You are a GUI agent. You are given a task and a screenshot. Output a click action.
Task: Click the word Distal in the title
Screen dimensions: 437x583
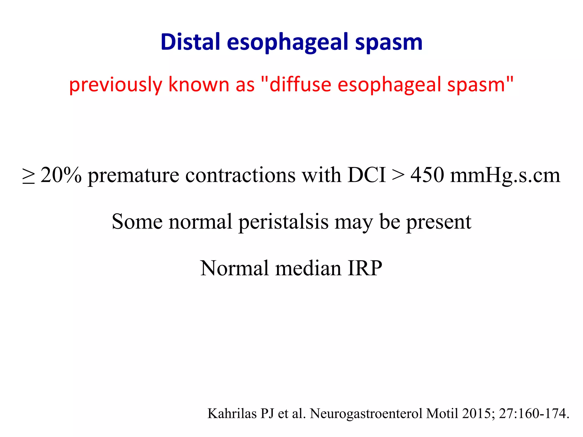[x=190, y=42]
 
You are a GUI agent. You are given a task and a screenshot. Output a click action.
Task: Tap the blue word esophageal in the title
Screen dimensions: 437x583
[x=288, y=43]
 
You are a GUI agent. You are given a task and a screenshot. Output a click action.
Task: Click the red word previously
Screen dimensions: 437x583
[x=116, y=85]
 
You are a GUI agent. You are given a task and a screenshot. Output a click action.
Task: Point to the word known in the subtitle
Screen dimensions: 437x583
[x=199, y=84]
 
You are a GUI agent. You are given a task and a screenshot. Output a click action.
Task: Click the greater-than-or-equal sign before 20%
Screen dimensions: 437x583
[x=28, y=176]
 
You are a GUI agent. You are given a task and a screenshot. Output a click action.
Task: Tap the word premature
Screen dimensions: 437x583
[x=134, y=176]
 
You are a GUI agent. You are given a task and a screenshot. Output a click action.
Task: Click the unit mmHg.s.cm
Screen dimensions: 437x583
[x=505, y=176]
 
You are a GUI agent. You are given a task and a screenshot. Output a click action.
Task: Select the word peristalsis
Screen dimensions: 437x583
[x=283, y=222]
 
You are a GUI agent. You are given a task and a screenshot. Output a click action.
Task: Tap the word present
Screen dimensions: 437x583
[x=438, y=222]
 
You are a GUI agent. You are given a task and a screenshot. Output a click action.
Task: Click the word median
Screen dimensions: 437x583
[x=308, y=268]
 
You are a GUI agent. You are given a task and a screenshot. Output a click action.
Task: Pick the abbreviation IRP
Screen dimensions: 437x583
[x=365, y=268]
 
